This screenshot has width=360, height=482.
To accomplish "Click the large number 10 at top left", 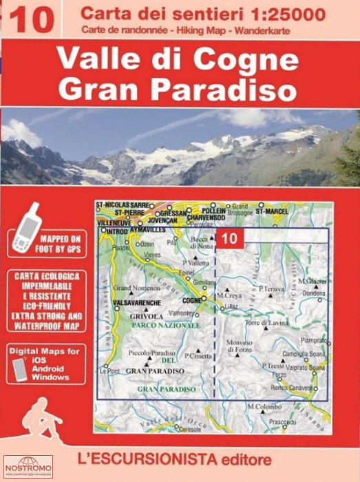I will point(31,19).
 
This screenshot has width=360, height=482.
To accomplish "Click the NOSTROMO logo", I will point(27,468).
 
